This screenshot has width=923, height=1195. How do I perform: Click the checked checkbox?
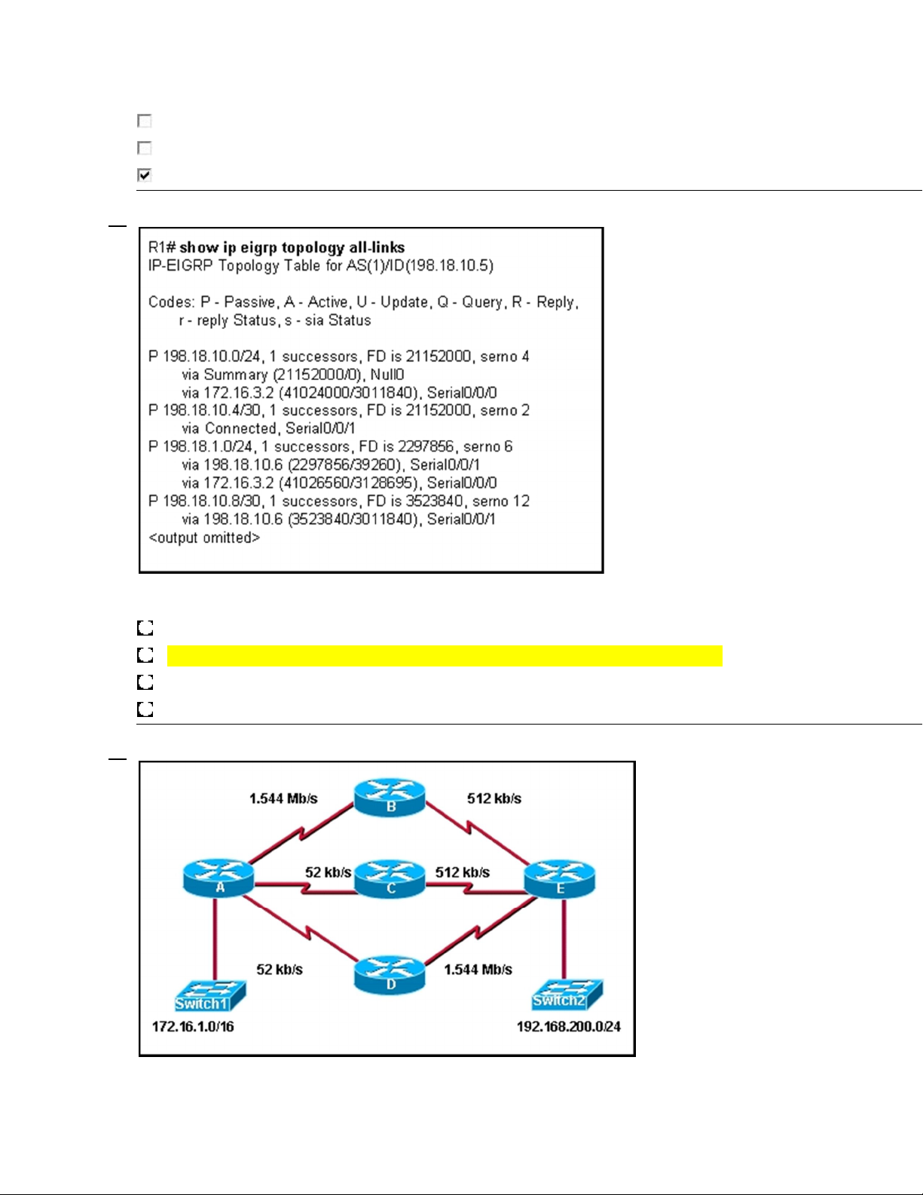point(145,175)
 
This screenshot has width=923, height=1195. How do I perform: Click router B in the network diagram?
point(390,797)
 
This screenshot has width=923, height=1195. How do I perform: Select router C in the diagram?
point(390,878)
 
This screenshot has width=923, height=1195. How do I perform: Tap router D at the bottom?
point(390,974)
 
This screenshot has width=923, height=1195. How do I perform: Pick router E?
point(560,878)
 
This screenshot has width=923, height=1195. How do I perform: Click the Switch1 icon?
point(210,996)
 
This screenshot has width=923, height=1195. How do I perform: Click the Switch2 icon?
point(567,994)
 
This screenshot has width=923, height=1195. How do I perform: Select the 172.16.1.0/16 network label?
point(193,1026)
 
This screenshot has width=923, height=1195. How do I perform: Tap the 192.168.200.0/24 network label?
point(569,1026)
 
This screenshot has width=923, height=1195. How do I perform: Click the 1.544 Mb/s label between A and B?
point(283,798)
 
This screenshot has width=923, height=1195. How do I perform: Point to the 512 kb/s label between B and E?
point(494,798)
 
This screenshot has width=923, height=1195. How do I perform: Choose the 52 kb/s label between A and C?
point(328,872)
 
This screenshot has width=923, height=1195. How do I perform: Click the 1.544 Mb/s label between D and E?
point(478,970)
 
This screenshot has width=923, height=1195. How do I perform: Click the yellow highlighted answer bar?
point(445,656)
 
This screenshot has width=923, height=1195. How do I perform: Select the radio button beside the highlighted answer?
point(145,655)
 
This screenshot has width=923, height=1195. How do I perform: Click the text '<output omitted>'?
point(204,538)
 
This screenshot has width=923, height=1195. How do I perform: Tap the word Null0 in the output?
point(387,375)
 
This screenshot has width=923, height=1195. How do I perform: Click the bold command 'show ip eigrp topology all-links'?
point(292,247)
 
